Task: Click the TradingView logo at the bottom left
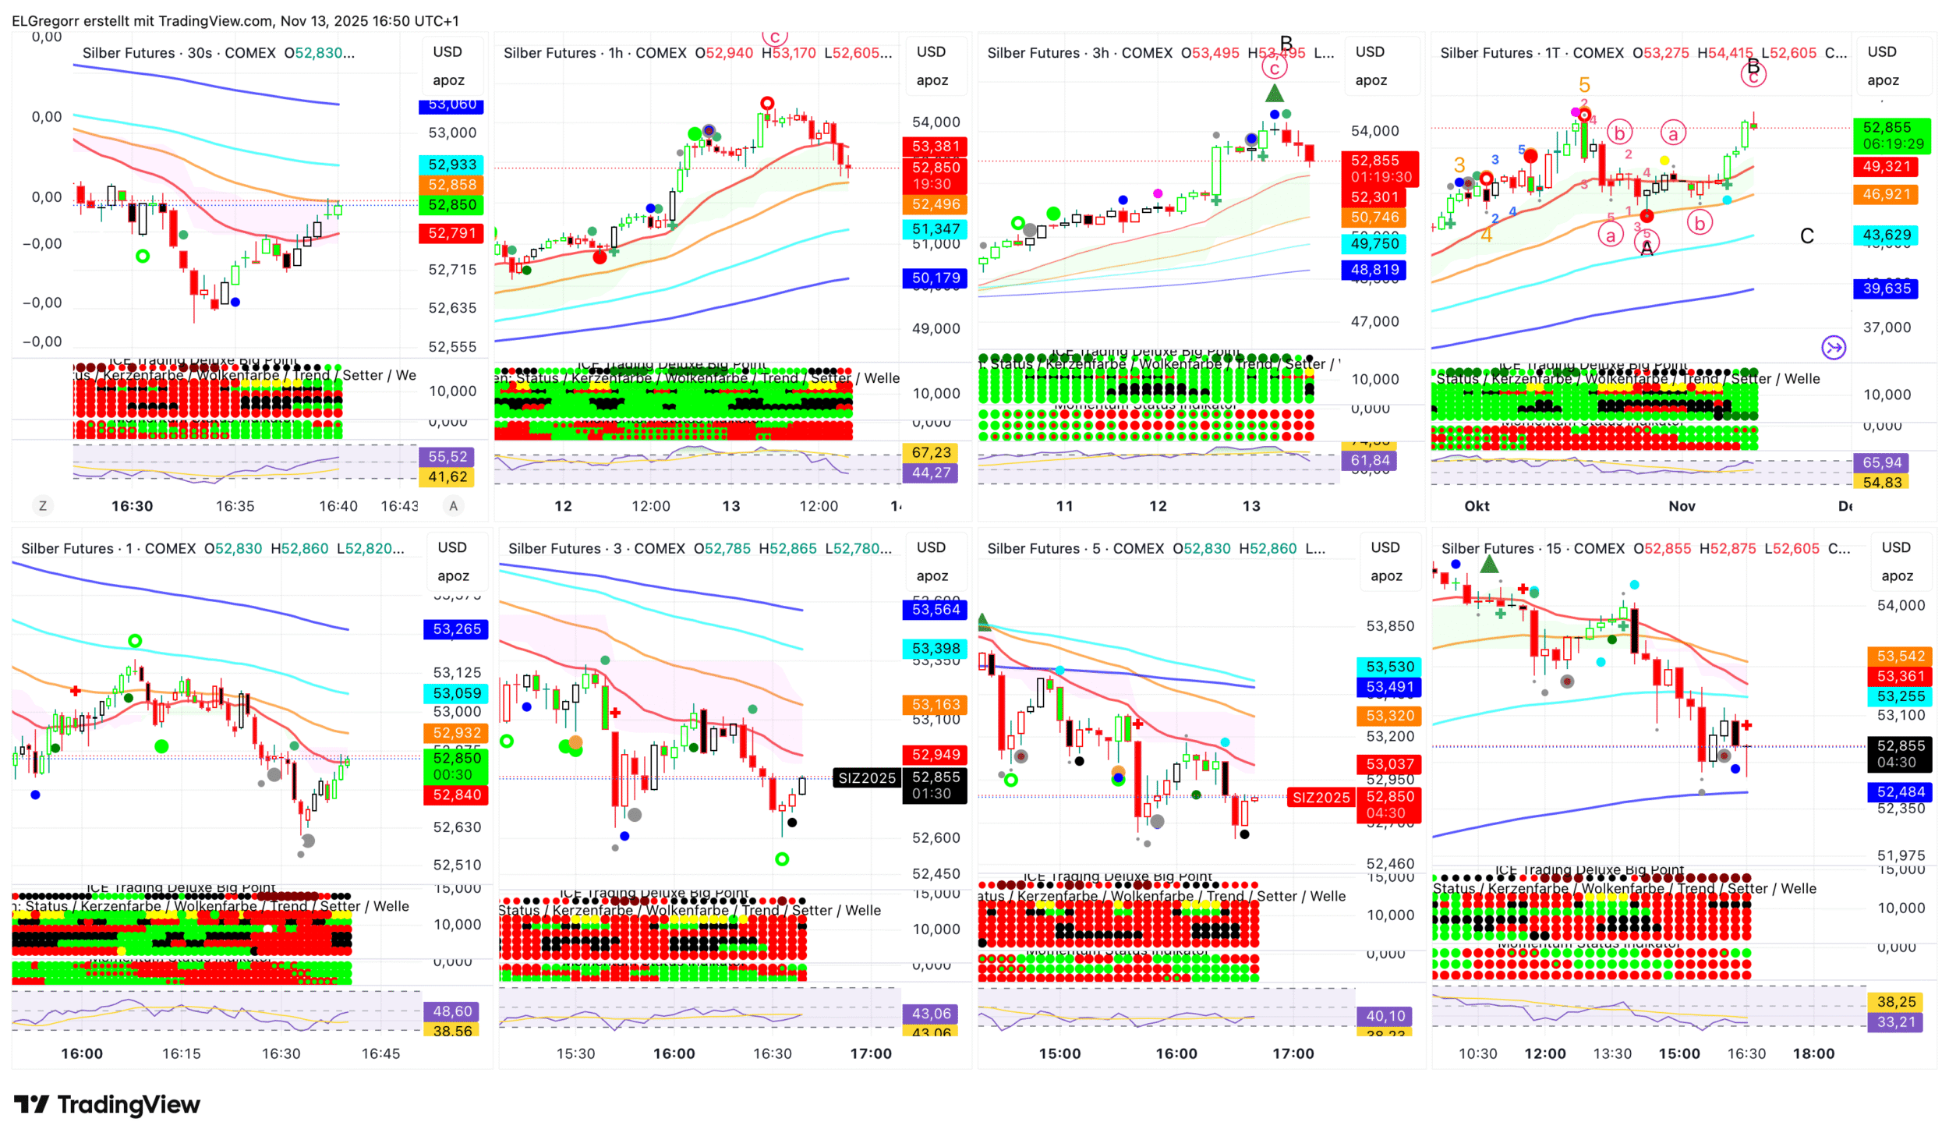(x=107, y=1104)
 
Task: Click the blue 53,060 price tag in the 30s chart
(x=451, y=105)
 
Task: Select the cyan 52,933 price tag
(x=451, y=165)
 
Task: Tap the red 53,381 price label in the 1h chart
(x=935, y=147)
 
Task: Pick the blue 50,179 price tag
(x=935, y=278)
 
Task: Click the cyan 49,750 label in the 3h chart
(x=1374, y=244)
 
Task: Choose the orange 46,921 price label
(x=1886, y=194)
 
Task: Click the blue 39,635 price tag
(x=1886, y=289)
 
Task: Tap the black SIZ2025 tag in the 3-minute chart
(x=866, y=778)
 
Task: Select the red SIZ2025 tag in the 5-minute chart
(x=1320, y=798)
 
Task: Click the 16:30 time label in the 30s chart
(x=132, y=506)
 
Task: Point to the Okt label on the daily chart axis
(x=1476, y=506)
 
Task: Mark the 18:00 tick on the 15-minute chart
(x=1813, y=1053)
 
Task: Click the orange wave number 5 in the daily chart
(x=1583, y=84)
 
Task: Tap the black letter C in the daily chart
(x=1806, y=236)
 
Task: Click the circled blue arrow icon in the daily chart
(x=1833, y=348)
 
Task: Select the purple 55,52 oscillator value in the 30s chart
(x=447, y=457)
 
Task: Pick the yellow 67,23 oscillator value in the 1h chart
(x=931, y=452)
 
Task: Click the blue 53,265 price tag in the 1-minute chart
(x=456, y=629)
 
